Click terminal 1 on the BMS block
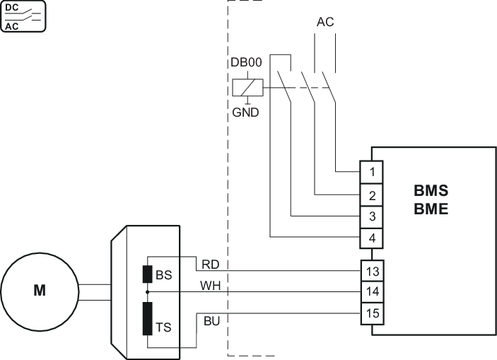pos(372,172)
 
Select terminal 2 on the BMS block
pos(372,194)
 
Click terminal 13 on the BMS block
pos(372,271)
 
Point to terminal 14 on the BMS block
pos(372,291)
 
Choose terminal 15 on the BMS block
pos(372,312)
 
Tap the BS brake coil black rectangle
pos(148,274)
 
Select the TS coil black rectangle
pos(148,318)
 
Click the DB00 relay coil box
pos(247,88)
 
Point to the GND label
pos(246,112)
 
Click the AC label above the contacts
pos(324,22)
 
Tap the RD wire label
pos(211,265)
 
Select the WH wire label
pos(211,286)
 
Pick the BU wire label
pos(211,322)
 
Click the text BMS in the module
pos(431,192)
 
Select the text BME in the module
pos(431,209)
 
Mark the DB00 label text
pos(247,62)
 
